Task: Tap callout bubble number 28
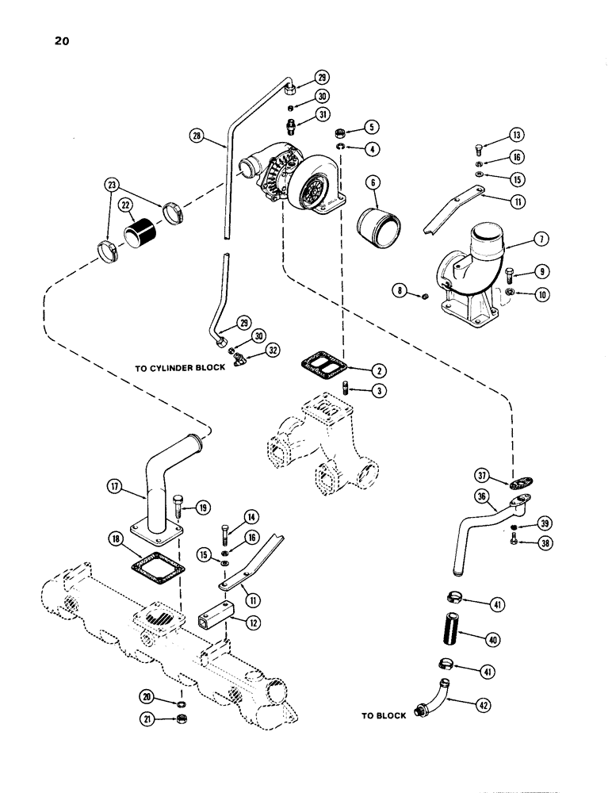196,136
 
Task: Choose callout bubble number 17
115,491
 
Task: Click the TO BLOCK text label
384,715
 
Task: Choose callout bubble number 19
203,507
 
